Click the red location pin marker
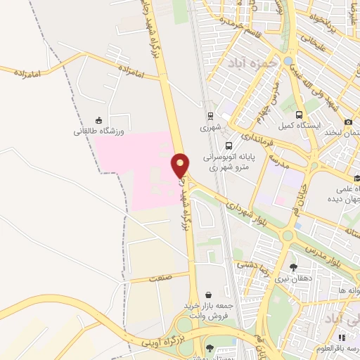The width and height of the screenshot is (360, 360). point(181,165)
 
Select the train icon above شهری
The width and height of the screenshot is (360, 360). point(210,116)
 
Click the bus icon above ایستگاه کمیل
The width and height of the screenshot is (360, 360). point(300,115)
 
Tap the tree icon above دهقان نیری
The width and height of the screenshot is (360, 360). point(293,267)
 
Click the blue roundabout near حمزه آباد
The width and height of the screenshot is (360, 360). point(289,60)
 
